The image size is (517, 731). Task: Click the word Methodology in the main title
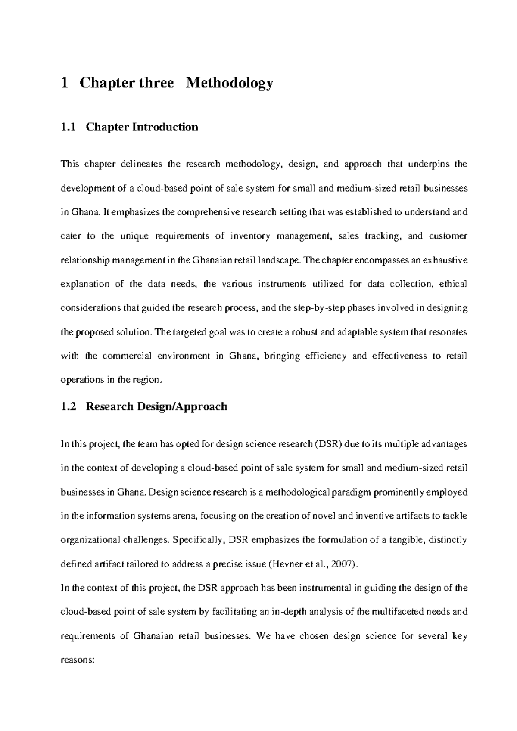point(229,83)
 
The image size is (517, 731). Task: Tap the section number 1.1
point(68,127)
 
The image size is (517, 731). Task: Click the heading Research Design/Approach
point(156,406)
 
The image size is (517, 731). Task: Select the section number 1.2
point(68,406)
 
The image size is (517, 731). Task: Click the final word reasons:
point(77,660)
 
